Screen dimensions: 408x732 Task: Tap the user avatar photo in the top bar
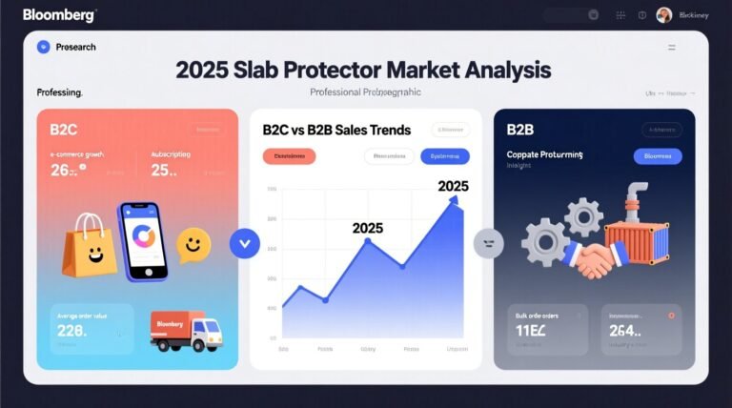[x=664, y=14]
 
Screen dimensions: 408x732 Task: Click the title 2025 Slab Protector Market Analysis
[x=363, y=71]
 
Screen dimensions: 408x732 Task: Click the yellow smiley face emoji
[x=193, y=245]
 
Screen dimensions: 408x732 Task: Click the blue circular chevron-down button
[x=245, y=243]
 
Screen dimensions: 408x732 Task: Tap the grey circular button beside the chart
[x=488, y=243]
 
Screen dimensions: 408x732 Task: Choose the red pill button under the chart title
[x=289, y=156]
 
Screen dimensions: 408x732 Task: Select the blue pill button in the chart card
[x=444, y=156]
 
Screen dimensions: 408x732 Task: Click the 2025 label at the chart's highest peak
[x=453, y=186]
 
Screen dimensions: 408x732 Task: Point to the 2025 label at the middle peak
[x=367, y=228]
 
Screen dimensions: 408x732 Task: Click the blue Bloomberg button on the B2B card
[x=658, y=156]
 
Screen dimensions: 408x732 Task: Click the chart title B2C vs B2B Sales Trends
[x=336, y=130]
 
